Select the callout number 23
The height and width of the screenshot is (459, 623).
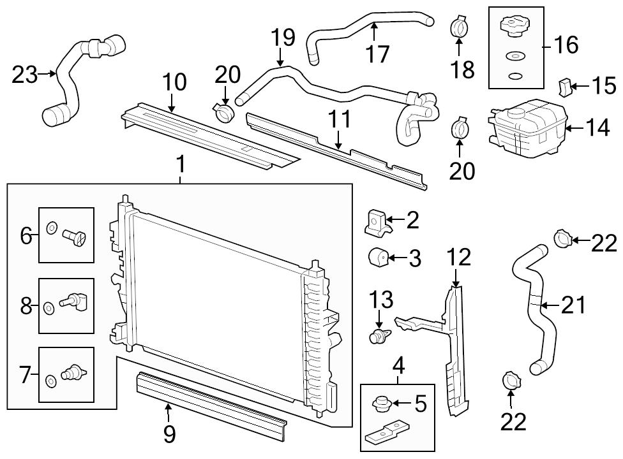click(26, 75)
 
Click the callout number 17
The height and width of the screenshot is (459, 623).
click(378, 54)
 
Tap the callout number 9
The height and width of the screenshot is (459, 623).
click(169, 434)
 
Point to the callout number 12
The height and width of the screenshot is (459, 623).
click(459, 258)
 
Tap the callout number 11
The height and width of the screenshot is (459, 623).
click(340, 119)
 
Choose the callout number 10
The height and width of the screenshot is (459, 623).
click(174, 82)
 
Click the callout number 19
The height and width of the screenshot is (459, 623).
click(283, 37)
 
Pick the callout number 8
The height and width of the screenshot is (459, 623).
click(26, 305)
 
